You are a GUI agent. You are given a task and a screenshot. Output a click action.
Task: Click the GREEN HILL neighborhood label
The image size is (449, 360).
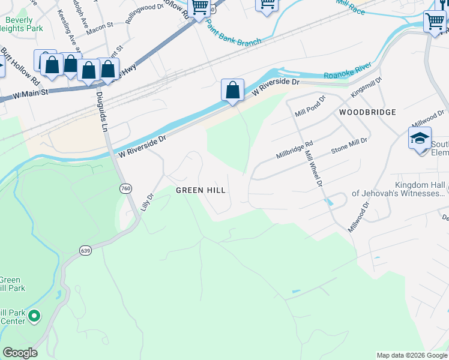pos(200,190)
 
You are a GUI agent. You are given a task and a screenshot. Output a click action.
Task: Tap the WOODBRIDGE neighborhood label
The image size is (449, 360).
pos(367,112)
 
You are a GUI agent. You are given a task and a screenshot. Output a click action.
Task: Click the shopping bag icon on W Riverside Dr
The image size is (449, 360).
pos(232,91)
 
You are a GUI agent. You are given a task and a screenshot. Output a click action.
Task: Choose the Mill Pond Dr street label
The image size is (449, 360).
pos(309,106)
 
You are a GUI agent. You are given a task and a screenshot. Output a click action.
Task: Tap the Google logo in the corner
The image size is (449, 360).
pos(20,353)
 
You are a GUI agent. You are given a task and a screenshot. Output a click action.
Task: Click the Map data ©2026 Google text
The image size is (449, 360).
pos(411,355)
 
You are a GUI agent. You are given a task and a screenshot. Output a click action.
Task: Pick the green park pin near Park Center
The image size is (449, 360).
pos(34,316)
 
